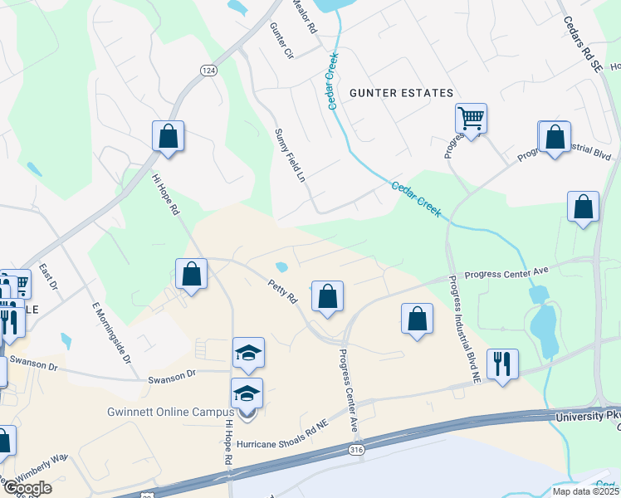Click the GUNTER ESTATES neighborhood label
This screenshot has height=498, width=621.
(401, 93)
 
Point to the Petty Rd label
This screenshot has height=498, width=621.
(283, 292)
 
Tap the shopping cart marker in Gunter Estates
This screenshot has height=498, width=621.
(471, 119)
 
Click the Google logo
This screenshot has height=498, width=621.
(27, 488)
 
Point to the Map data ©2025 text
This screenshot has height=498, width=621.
(584, 491)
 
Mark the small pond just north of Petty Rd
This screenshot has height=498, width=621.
(281, 267)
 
